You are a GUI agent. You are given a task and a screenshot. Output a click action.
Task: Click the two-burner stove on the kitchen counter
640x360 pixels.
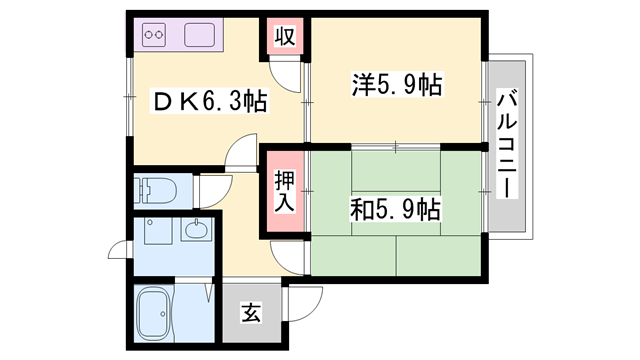[x=155, y=37]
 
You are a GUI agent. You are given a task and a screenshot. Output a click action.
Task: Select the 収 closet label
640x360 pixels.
[x=285, y=38]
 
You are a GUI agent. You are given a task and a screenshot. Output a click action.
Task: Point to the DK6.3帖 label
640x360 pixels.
[x=208, y=102]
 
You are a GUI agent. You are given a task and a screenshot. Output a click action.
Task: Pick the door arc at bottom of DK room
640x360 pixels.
[x=243, y=157]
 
